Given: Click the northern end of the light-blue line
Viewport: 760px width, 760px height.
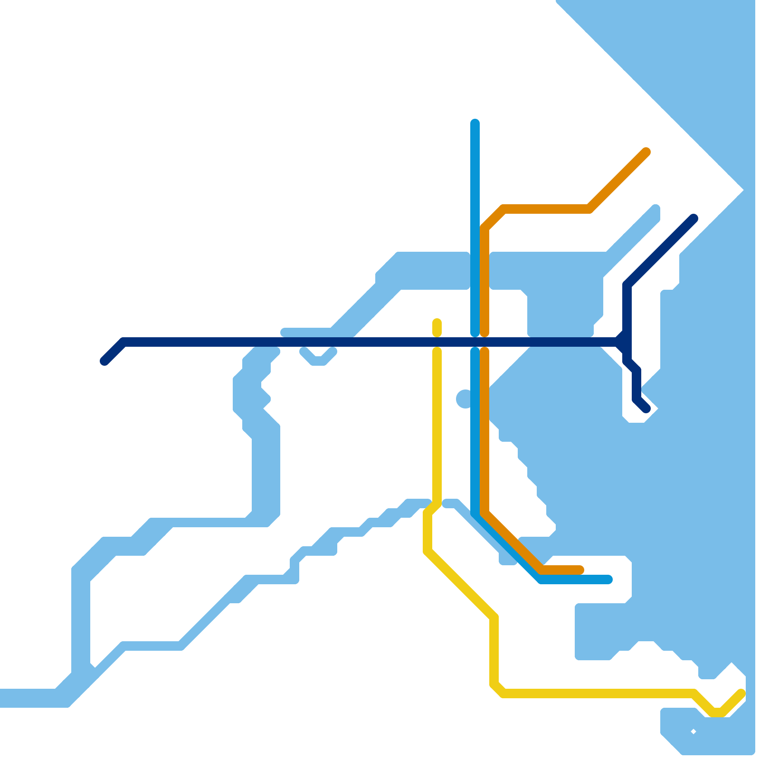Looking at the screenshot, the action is (475, 123).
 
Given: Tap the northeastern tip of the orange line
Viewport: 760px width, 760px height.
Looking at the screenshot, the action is (646, 152).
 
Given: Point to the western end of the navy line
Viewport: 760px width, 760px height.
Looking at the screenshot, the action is (104, 361).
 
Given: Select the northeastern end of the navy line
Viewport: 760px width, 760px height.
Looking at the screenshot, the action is (693, 218).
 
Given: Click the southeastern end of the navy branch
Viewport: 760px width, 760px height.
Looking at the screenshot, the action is (646, 408).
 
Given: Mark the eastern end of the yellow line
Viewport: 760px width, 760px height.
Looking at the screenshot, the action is (741, 693).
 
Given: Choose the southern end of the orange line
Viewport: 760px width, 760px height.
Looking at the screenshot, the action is (579, 570).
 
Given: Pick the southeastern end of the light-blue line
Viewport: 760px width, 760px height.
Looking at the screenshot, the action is (608, 579).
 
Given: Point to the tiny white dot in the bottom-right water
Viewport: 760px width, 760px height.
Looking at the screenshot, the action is (693, 731).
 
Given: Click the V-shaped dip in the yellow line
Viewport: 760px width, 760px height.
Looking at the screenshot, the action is (717, 712).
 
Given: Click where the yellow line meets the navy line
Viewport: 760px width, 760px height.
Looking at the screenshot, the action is (437, 342).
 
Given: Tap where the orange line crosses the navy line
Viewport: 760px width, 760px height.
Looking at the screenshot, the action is (484, 342).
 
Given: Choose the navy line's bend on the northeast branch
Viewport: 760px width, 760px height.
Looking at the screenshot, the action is (627, 285).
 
